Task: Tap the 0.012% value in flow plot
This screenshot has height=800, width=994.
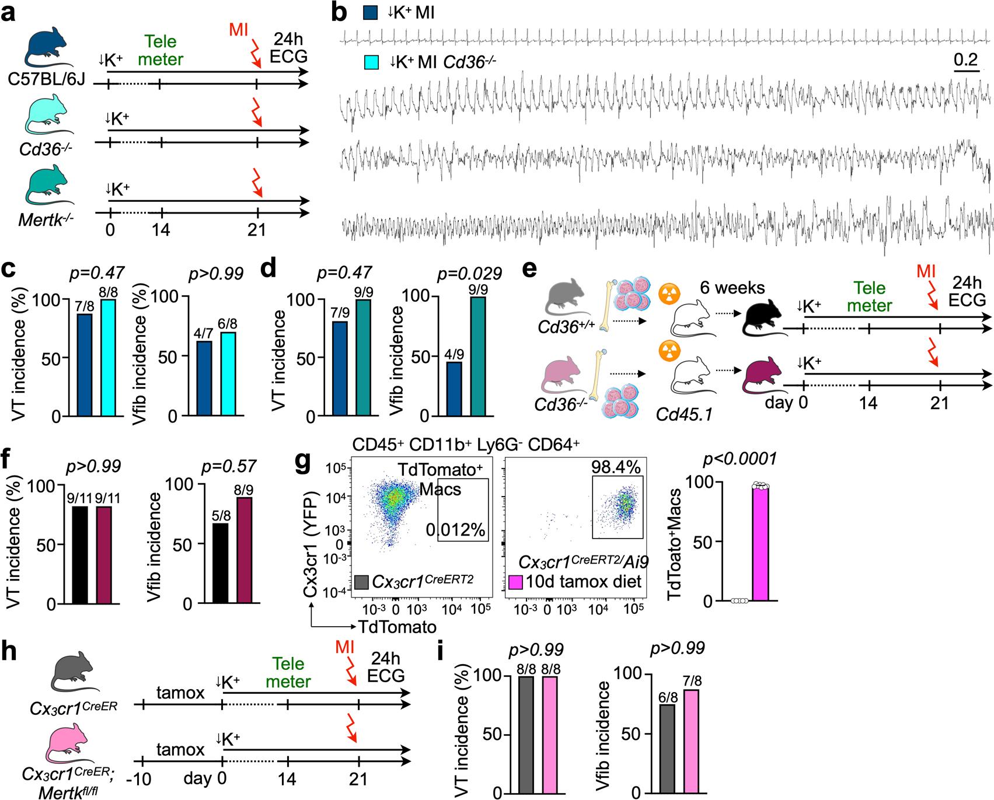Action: [x=455, y=530]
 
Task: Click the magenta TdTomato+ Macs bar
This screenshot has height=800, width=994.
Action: [x=761, y=543]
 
